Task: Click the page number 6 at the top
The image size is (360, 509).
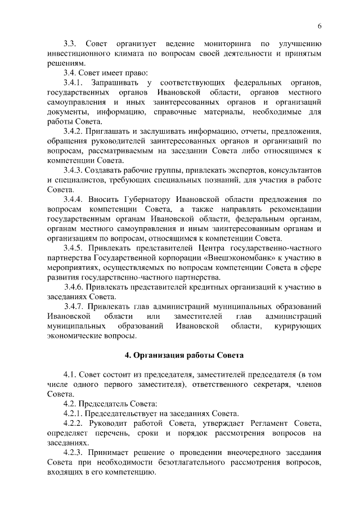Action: (x=319, y=26)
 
